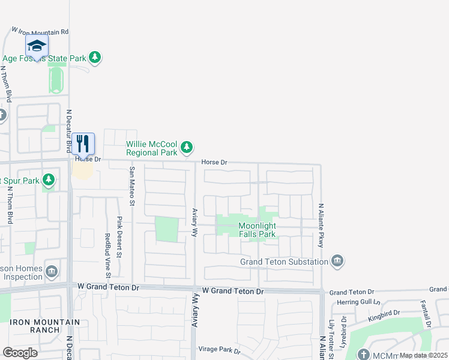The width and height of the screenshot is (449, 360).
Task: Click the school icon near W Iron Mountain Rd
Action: [x=37, y=46]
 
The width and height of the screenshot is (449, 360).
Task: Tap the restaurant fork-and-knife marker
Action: [x=83, y=144]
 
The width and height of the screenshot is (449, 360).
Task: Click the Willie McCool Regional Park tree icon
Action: [x=187, y=147]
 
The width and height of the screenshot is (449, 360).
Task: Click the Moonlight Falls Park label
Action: [x=258, y=230]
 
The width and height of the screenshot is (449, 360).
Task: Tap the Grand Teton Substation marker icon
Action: [x=337, y=260]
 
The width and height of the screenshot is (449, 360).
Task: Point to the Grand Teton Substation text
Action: [x=284, y=262]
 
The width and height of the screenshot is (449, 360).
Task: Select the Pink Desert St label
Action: [x=119, y=237]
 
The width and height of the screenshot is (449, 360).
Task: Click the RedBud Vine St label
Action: [x=108, y=256]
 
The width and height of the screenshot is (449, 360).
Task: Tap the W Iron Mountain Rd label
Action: [x=41, y=31]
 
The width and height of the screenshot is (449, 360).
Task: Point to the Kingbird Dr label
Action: [x=384, y=313]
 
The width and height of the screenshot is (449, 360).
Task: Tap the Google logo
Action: [x=20, y=352]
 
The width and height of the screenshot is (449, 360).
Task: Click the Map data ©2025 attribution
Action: [x=423, y=355]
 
